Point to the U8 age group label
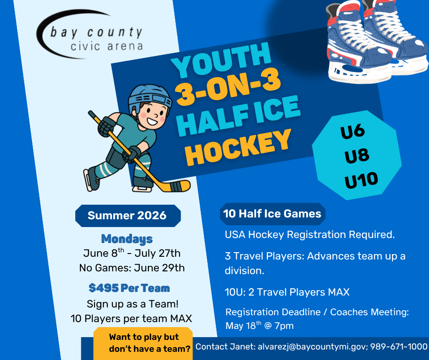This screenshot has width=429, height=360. (357, 156)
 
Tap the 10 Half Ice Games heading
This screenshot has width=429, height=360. (272, 214)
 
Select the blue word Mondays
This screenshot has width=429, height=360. (127, 238)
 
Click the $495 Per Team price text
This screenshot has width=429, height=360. (129, 288)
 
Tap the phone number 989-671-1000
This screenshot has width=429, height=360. (399, 347)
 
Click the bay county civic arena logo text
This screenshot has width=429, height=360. (96, 38)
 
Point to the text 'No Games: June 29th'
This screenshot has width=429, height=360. (132, 268)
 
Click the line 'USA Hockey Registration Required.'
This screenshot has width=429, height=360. (309, 235)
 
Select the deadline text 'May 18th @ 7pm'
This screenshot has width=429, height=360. (259, 326)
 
